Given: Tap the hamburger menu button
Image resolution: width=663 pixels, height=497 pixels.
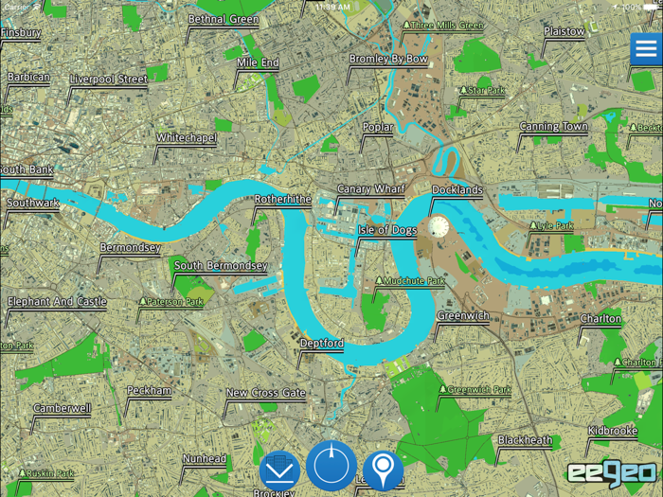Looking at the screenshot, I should click(646, 49).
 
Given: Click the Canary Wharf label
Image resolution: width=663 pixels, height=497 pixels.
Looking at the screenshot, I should click(370, 189).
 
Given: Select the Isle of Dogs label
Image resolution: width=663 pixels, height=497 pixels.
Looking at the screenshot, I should click(386, 230).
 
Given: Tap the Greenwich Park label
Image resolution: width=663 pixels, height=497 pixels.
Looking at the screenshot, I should click(478, 389).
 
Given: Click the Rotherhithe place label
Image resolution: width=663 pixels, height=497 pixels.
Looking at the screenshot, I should click(282, 200).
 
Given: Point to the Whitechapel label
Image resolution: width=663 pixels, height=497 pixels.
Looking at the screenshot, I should click(187, 138).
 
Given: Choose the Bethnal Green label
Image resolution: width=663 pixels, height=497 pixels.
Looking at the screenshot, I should click(224, 20).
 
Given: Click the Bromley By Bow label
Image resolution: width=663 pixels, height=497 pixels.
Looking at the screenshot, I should click(388, 59).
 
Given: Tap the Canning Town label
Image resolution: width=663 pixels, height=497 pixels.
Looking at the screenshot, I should click(553, 127).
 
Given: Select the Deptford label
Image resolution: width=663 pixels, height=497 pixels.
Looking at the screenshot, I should click(321, 343).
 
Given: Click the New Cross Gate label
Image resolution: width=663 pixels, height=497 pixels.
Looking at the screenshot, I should click(265, 393).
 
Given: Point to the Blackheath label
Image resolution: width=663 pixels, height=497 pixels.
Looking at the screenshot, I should click(525, 440).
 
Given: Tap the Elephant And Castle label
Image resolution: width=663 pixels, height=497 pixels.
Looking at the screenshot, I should click(57, 302).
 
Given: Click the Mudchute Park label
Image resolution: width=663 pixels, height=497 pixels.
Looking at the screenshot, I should click(414, 281).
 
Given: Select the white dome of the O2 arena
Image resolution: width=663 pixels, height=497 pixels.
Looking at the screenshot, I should click(439, 226).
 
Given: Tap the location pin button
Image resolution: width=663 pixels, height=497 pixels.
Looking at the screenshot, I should click(383, 468).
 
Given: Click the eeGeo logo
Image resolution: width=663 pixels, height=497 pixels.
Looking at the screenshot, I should click(611, 473).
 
